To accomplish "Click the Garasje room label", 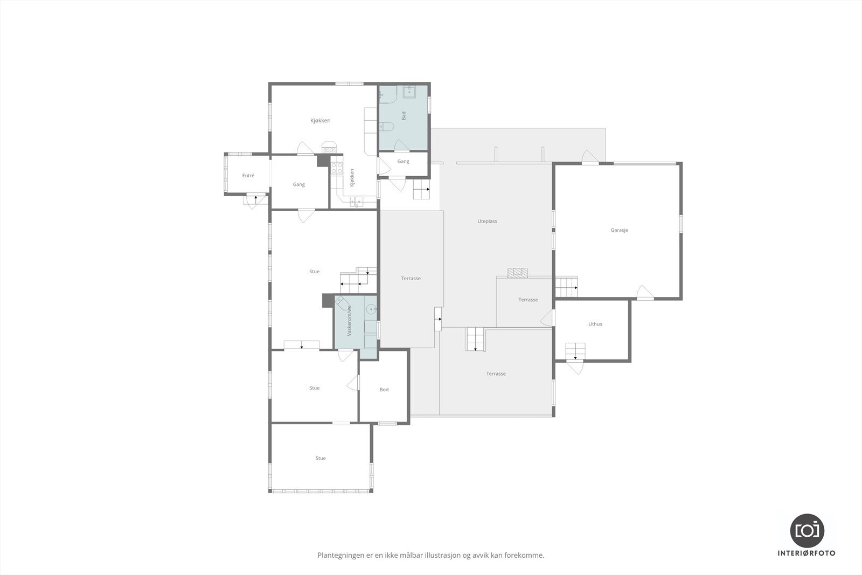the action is (619, 230).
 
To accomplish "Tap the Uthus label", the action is (595, 324).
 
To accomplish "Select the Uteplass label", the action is (487, 221).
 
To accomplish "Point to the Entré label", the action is (248, 176).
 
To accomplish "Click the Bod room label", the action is (384, 390).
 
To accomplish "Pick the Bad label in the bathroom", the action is (404, 115).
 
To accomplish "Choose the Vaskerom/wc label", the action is (349, 321).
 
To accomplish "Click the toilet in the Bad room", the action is (386, 126).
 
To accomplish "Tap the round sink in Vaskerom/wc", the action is (371, 309).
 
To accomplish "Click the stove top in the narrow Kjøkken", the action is (337, 168).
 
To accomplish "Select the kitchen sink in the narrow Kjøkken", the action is (356, 202).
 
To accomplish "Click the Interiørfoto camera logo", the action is (807, 531).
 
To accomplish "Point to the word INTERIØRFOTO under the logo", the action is (807, 553).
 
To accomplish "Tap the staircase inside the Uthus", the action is (575, 351).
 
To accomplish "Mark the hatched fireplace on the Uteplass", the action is (518, 273).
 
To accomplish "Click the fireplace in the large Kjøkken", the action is (329, 148).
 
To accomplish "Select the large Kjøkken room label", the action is (320, 121).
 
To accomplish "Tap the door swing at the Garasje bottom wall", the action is (645, 293).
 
